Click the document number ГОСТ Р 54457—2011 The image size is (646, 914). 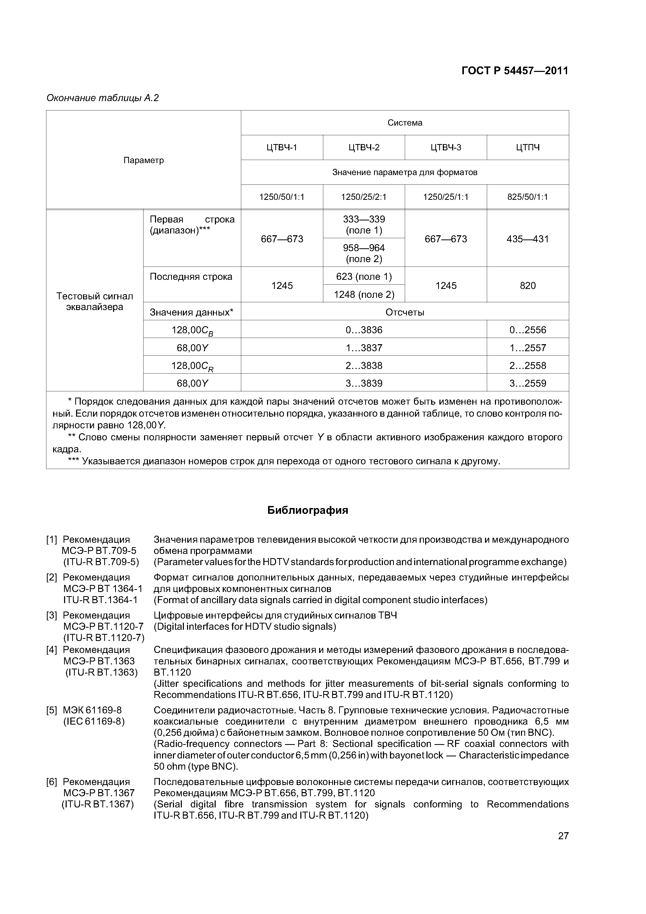[x=515, y=71]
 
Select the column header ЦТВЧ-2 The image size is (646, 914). [x=364, y=148]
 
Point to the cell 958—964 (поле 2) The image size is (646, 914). [x=364, y=253]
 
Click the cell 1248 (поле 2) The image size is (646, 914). [x=364, y=295]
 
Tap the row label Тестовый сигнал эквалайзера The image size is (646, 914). [x=95, y=301]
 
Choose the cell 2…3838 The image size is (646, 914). [x=364, y=366]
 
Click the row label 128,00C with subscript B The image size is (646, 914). [x=192, y=330]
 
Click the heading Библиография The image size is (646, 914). [x=307, y=510]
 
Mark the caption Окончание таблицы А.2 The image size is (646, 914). [x=103, y=98]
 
